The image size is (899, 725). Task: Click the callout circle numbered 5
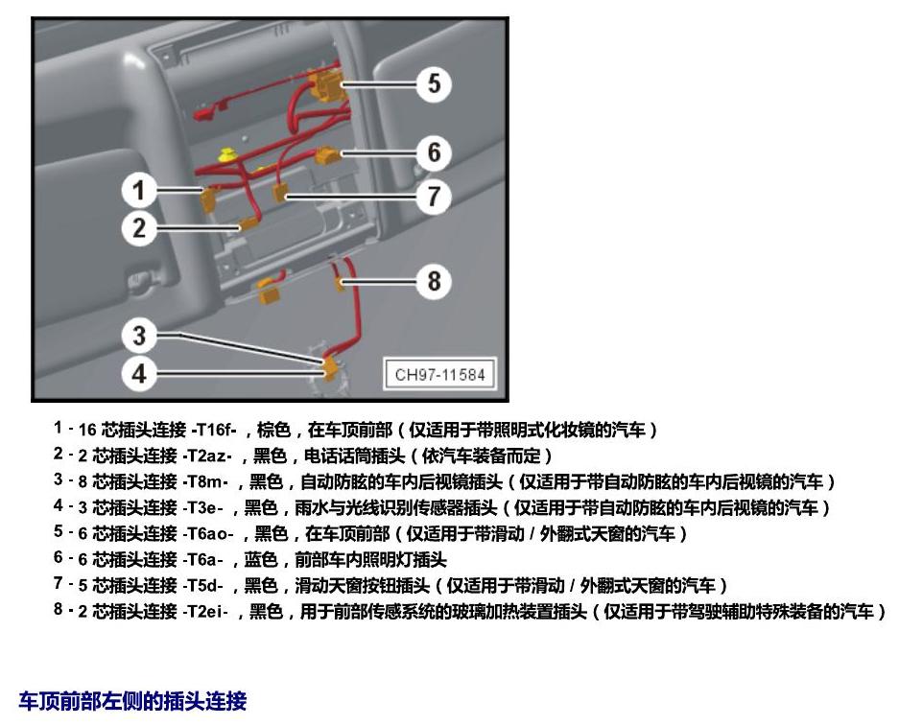tap(434, 84)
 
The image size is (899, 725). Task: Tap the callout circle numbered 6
tap(434, 153)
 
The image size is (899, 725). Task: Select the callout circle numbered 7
tap(434, 197)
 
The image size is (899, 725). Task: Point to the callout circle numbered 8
tap(434, 281)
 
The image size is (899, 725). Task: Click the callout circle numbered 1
tap(139, 190)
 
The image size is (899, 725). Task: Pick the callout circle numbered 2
tap(139, 228)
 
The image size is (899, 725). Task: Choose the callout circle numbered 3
tap(139, 336)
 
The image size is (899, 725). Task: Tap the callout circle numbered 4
tap(139, 374)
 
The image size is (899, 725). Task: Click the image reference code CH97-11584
tap(439, 375)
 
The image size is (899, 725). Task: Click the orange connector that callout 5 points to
tap(325, 83)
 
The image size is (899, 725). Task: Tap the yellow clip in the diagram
tap(228, 154)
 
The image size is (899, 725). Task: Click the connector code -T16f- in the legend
tap(214, 430)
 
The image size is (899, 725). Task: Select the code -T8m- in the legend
tap(204, 481)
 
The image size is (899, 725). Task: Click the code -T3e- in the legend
tap(202, 507)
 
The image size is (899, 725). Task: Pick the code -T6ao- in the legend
tap(207, 533)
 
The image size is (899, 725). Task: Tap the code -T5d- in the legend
tap(202, 586)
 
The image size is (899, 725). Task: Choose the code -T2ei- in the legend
tap(204, 612)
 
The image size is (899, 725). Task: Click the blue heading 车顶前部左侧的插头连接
tap(132, 701)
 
